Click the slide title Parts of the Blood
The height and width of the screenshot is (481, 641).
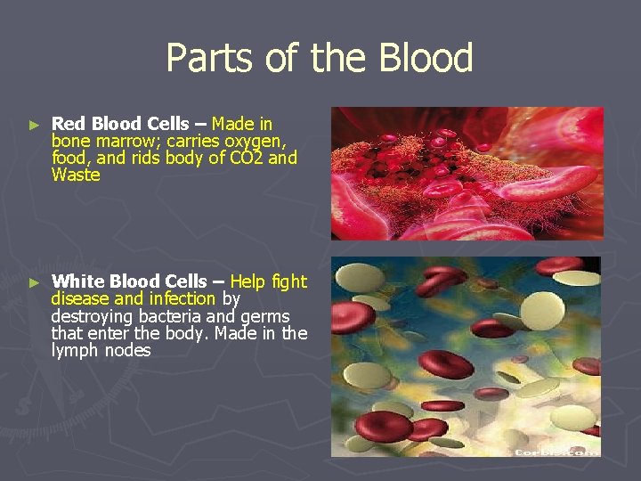[x=319, y=59]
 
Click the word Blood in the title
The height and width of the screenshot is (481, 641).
[x=425, y=59]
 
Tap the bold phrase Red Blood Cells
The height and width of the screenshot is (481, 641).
[x=120, y=124]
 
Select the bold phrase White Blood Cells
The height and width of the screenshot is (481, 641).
[x=127, y=281]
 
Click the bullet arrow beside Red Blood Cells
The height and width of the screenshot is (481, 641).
[x=34, y=125]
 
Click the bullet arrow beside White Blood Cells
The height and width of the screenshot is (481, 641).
[x=34, y=282]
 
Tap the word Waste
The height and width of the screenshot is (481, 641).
[x=76, y=175]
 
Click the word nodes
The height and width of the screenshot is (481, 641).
[x=128, y=351]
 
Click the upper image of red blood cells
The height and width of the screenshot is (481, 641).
[x=467, y=173]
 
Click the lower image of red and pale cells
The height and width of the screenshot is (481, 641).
[x=467, y=356]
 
